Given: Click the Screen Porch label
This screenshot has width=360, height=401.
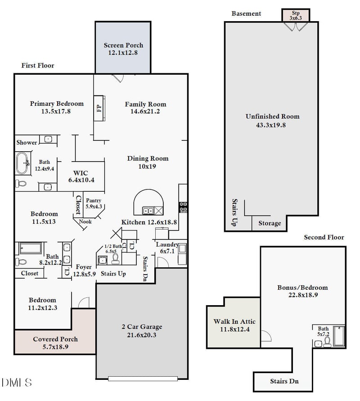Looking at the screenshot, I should pyautogui.click(x=123, y=45).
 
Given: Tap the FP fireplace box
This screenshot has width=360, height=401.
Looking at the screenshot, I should pyautogui.click(x=99, y=108).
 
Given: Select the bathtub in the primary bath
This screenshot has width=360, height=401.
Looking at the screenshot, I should pyautogui.click(x=22, y=163).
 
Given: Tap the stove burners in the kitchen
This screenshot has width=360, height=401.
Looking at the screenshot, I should pyautogui.click(x=183, y=207).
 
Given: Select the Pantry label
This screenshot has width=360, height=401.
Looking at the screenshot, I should pyautogui.click(x=94, y=201).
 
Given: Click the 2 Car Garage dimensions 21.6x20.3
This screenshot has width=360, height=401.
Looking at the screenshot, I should pyautogui.click(x=142, y=335).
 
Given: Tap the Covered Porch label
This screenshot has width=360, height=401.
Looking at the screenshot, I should pyautogui.click(x=55, y=339).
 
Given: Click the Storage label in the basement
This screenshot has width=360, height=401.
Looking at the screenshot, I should pyautogui.click(x=270, y=223).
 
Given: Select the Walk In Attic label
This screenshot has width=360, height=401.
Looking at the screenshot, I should pyautogui.click(x=234, y=321).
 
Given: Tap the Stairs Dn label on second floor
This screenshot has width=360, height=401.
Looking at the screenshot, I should pyautogui.click(x=284, y=381).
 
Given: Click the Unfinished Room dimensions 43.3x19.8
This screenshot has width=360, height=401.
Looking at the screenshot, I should pyautogui.click(x=272, y=125).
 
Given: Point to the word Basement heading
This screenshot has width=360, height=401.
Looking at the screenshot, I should pyautogui.click(x=246, y=14).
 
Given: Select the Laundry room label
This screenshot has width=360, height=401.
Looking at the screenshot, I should pyautogui.click(x=167, y=245).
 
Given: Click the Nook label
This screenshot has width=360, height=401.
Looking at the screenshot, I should pyautogui.click(x=85, y=221).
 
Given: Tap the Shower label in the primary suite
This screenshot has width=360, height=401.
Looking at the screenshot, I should pyautogui.click(x=27, y=143).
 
